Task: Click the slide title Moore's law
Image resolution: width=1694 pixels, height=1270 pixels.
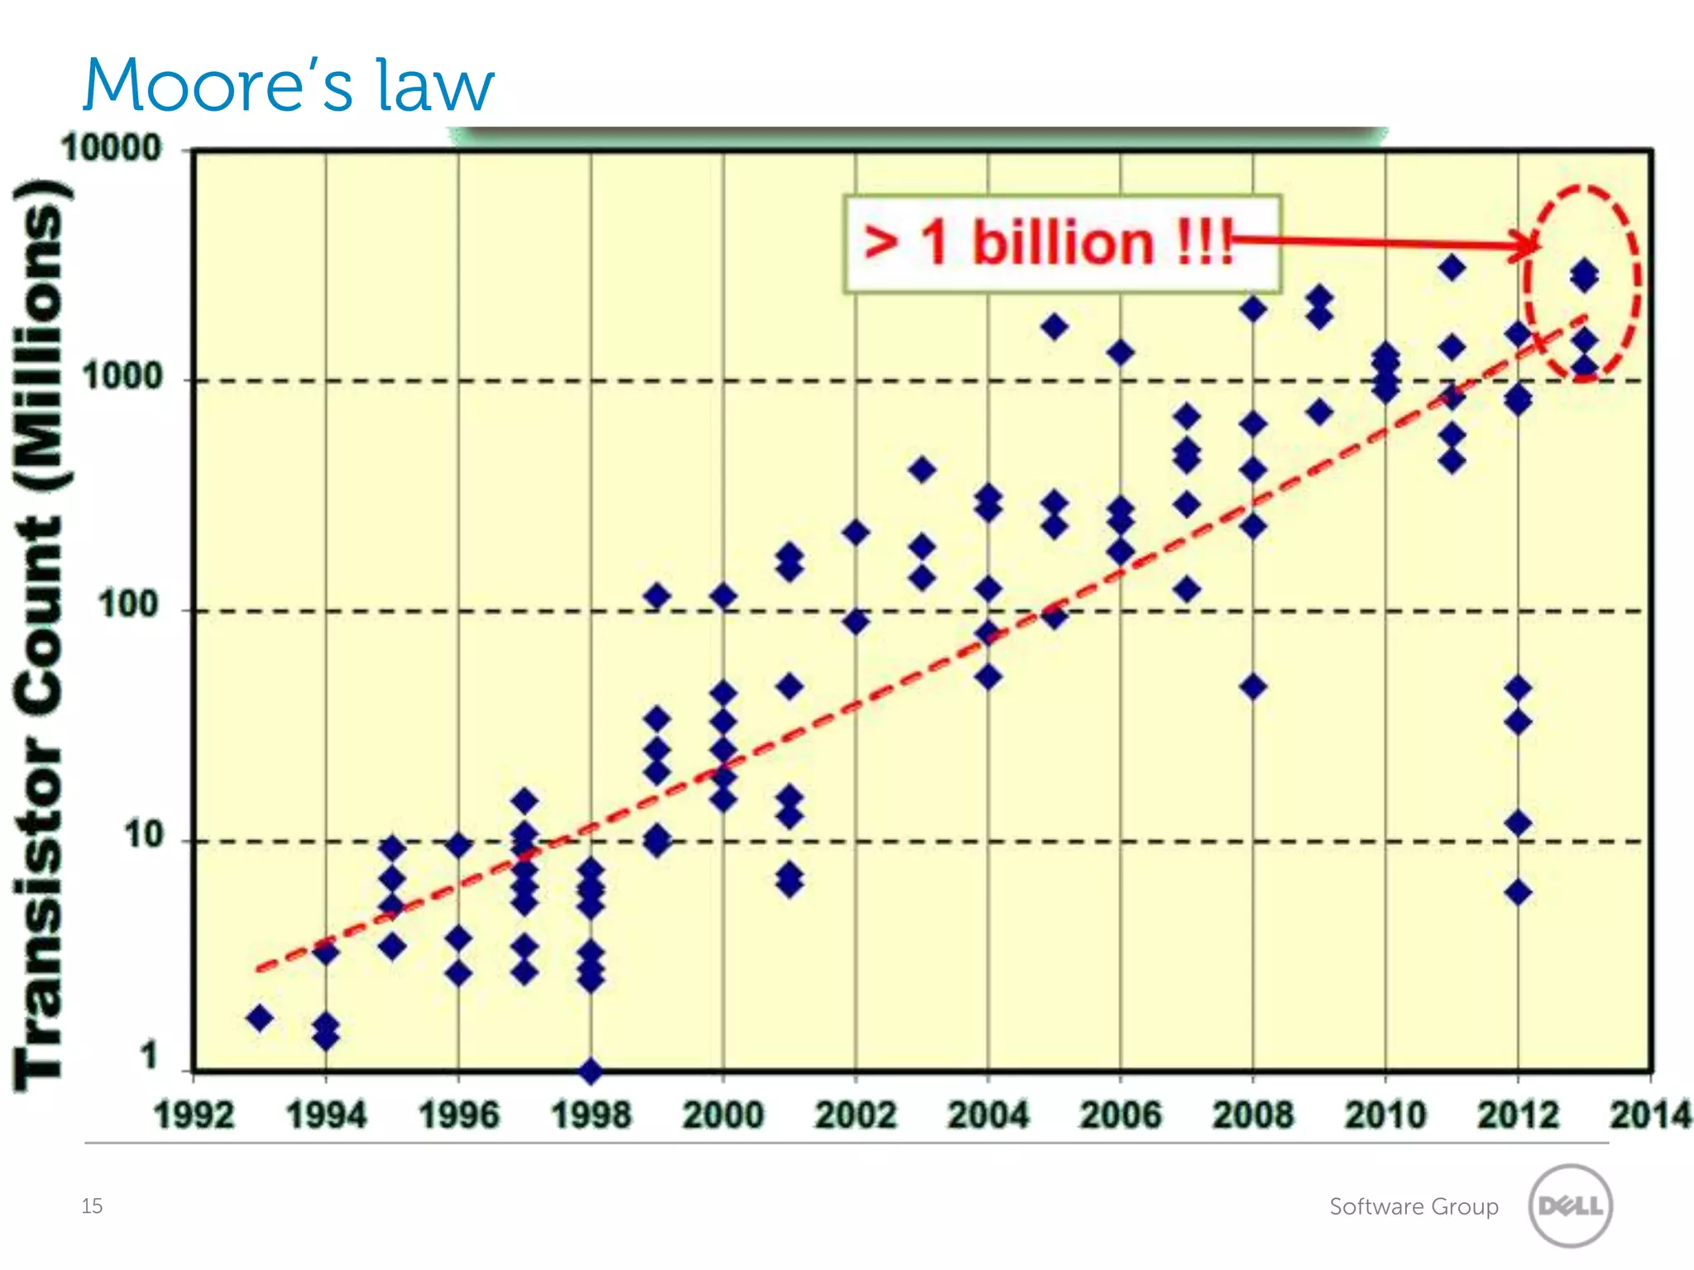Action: pyautogui.click(x=288, y=85)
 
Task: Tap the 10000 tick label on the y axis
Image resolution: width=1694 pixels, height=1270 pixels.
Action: pyautogui.click(x=112, y=149)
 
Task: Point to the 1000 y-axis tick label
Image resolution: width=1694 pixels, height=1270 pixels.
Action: pyautogui.click(x=122, y=377)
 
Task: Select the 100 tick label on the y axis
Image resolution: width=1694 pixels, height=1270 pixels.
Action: pyautogui.click(x=129, y=605)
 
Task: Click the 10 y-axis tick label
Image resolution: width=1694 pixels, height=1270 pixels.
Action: pyautogui.click(x=143, y=836)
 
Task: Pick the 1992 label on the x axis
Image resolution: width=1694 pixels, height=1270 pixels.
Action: pyautogui.click(x=194, y=1115)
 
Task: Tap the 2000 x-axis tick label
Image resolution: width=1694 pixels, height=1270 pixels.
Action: pyautogui.click(x=723, y=1115)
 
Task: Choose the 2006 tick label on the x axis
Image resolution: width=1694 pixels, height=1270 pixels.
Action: pyautogui.click(x=1120, y=1115)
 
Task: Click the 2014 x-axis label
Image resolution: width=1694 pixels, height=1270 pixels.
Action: pyautogui.click(x=1649, y=1115)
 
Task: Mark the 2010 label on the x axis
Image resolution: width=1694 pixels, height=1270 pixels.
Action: pyautogui.click(x=1385, y=1115)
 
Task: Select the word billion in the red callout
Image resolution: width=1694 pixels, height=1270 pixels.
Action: pyautogui.click(x=1063, y=243)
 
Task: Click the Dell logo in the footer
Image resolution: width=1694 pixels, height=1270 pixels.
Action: pyautogui.click(x=1570, y=1206)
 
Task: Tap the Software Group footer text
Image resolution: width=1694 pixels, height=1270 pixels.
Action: pyautogui.click(x=1414, y=1206)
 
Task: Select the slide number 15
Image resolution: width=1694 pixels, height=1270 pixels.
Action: pyautogui.click(x=92, y=1206)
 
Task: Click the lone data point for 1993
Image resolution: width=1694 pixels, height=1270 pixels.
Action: pyautogui.click(x=260, y=1018)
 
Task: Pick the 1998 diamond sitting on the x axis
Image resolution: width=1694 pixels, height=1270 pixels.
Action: pyautogui.click(x=591, y=1072)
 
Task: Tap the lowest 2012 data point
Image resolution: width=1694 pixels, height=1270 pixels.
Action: pyautogui.click(x=1518, y=893)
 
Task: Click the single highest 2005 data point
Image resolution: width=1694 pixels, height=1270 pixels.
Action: pyautogui.click(x=1054, y=327)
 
